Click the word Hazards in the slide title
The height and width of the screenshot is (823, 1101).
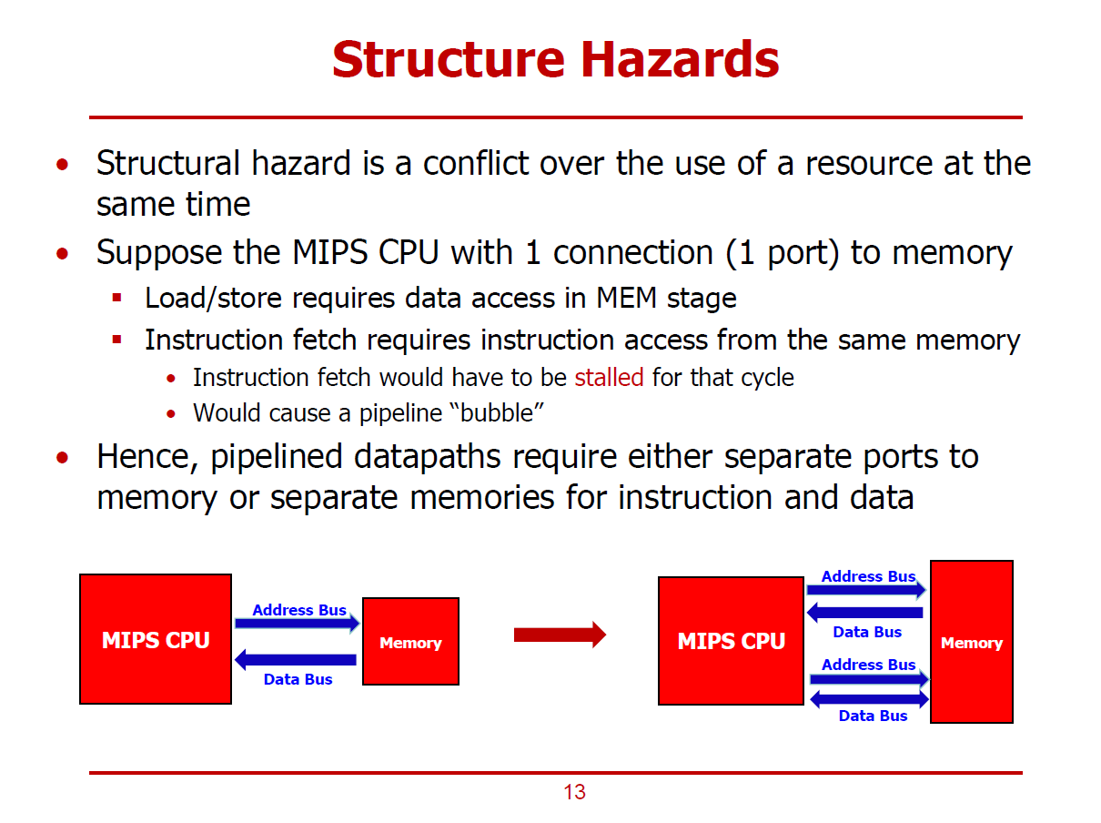(x=680, y=59)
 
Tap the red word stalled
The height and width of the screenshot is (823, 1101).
(x=609, y=377)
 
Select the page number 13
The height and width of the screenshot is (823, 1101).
(x=574, y=792)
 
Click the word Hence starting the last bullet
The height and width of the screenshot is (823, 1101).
(x=147, y=455)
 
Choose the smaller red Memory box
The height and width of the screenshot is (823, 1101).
(x=410, y=641)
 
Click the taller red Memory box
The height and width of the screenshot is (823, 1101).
(x=971, y=642)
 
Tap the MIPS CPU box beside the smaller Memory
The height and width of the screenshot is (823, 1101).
(x=156, y=639)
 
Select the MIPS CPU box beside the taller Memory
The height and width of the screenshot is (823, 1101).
(x=731, y=641)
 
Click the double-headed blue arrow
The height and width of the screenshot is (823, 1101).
(x=869, y=699)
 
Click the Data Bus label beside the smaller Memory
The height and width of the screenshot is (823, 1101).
(x=298, y=679)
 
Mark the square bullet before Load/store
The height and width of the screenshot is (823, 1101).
(x=116, y=298)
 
